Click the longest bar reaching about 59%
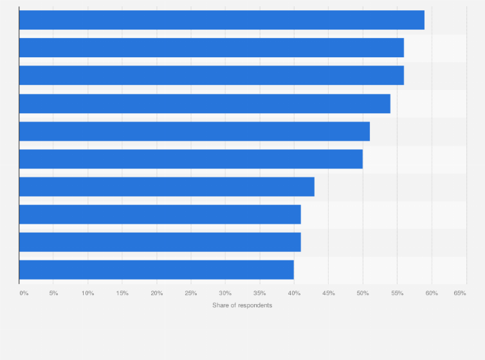point(221,20)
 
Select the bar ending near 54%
point(205,104)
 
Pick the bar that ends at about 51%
point(194,131)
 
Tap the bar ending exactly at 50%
point(191,159)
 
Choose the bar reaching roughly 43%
point(167,186)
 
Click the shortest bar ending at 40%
point(156,270)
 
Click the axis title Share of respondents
point(243,305)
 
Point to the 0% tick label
point(24,293)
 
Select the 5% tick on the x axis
point(54,293)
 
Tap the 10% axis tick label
point(88,293)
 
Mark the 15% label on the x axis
point(122,293)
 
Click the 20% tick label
point(157,293)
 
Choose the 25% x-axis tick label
point(191,293)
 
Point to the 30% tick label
point(225,293)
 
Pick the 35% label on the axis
point(260,293)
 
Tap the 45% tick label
point(328,293)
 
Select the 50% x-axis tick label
point(363,293)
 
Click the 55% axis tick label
point(397,293)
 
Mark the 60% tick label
point(431,293)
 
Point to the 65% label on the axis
point(460,293)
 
